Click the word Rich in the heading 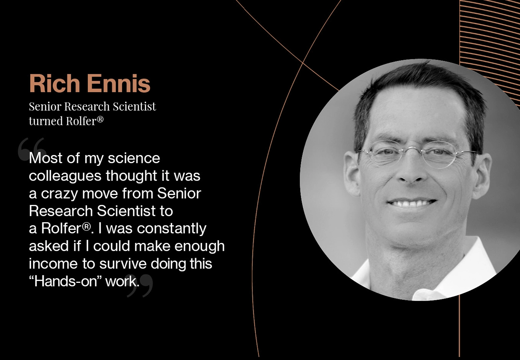[x=55, y=84]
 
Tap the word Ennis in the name [x=119, y=84]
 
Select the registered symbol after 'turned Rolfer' [x=100, y=119]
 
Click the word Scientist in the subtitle [x=135, y=107]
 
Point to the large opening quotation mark [x=32, y=149]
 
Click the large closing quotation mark [x=140, y=286]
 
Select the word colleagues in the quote [x=65, y=176]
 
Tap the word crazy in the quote [x=60, y=194]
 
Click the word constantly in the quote [x=172, y=229]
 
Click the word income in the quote [x=53, y=264]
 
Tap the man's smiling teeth [x=411, y=204]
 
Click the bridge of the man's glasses [x=411, y=147]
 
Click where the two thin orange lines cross [x=303, y=63]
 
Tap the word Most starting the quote [x=46, y=158]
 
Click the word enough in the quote [x=199, y=247]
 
